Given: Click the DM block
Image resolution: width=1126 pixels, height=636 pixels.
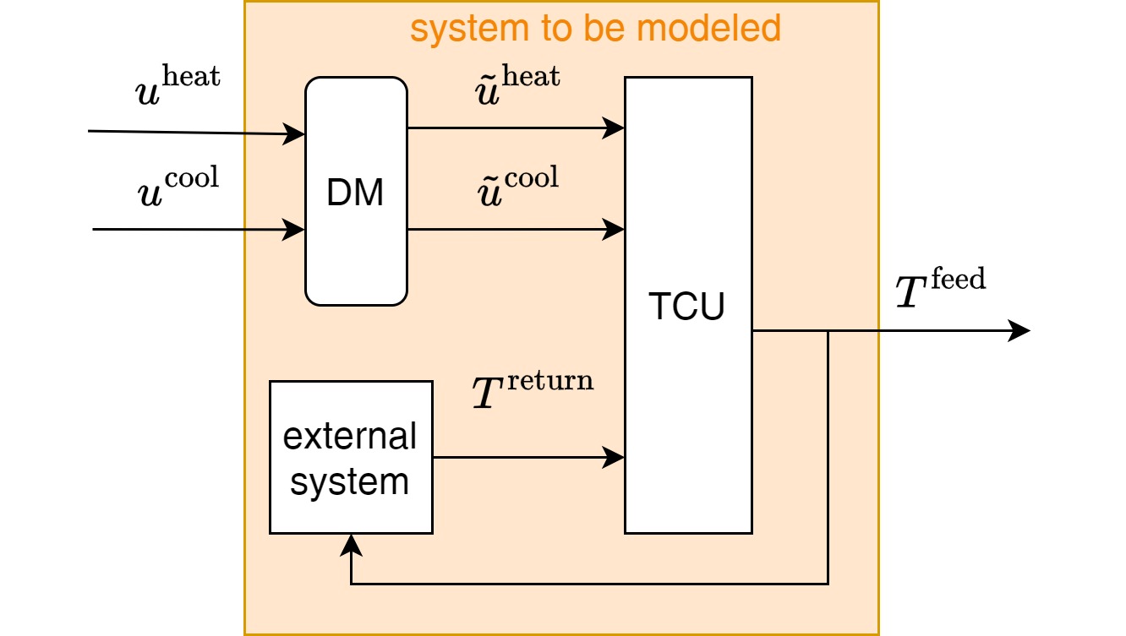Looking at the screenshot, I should coord(356,192).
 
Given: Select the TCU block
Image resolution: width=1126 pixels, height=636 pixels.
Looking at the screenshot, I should coord(688,306).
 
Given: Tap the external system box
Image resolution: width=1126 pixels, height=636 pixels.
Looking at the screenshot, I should coord(351,457).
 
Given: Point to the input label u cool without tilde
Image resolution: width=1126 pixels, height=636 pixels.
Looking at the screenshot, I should coord(178,188).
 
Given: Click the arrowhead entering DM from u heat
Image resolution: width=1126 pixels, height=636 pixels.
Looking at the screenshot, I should coord(296,133).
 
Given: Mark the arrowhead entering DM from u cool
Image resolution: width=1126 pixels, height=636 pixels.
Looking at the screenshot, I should coord(296,229).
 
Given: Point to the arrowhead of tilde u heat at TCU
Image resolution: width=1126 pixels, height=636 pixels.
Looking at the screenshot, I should coord(616,128).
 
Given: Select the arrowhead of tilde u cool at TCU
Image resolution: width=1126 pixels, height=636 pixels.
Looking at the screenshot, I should coord(616,228).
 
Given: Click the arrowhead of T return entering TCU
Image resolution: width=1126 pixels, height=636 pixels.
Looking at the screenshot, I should coord(616,459).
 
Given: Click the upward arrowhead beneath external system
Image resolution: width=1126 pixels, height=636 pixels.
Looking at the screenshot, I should coord(351,544).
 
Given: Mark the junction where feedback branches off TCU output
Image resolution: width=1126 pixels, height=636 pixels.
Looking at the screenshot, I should coord(828,331).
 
